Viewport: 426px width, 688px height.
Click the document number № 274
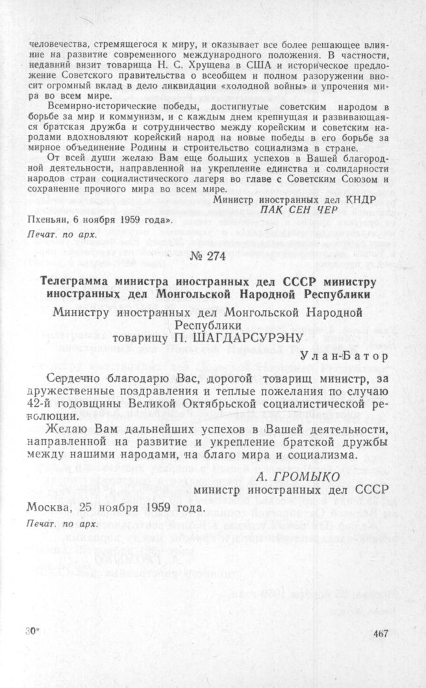click(x=212, y=257)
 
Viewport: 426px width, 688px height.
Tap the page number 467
click(x=381, y=633)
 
